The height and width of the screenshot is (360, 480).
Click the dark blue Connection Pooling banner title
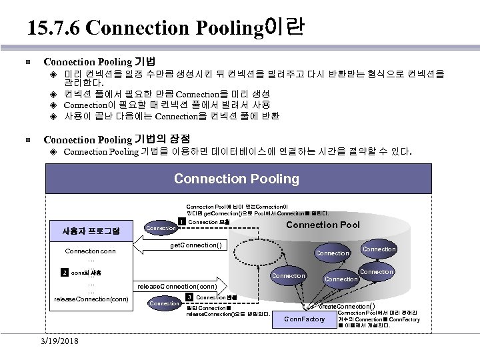(x=236, y=179)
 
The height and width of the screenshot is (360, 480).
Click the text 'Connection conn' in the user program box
(x=89, y=251)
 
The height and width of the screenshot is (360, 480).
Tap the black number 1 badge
(x=181, y=222)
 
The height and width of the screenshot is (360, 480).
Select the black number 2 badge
(x=65, y=273)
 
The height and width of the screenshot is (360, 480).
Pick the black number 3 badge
(x=189, y=297)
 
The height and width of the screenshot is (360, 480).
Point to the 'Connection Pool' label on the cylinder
(x=323, y=225)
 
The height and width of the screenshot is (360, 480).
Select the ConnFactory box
(x=305, y=319)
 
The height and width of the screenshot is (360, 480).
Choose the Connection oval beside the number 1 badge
(x=161, y=228)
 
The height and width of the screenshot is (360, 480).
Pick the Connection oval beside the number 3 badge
(x=163, y=303)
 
